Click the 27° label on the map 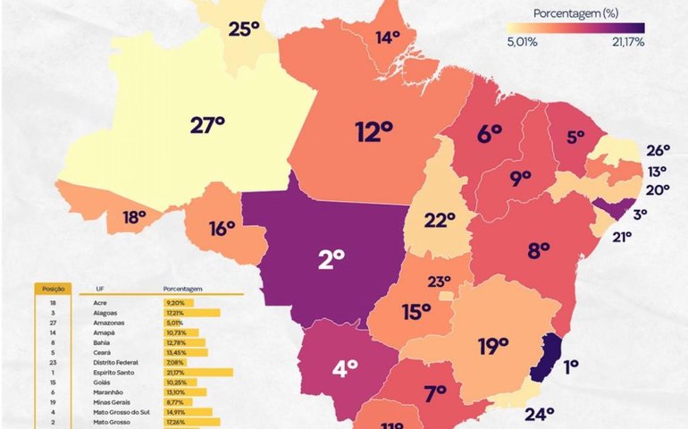coord(207,124)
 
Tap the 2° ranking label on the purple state coord(331,259)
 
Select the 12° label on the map coord(374,133)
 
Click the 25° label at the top coord(243,29)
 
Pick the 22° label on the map coord(440,221)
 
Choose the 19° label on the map coord(492,346)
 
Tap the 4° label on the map coord(346,366)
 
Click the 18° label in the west coord(134,216)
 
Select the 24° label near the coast coord(539,413)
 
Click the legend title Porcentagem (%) coord(575,13)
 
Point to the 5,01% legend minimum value coord(522,41)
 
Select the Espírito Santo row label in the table coord(113,372)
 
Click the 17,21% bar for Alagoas coord(191,313)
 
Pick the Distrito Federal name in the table coord(115,362)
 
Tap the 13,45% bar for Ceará coord(185,352)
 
